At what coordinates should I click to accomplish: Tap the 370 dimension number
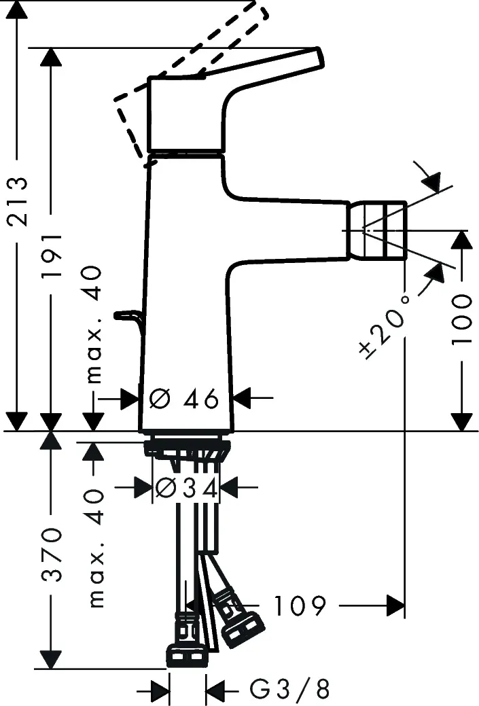coord(52,554)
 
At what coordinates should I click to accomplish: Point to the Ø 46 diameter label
coord(184,398)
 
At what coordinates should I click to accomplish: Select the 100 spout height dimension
coord(461,319)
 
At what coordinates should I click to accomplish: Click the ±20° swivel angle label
coord(385,327)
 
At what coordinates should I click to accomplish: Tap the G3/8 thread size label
coord(289,690)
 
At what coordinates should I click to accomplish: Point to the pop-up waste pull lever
coord(128,315)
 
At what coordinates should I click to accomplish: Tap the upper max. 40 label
coord(95,323)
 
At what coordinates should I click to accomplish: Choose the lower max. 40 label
coord(95,547)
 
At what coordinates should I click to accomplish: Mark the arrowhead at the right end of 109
coord(395,605)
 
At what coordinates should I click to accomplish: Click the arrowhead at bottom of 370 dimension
coord(52,659)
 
